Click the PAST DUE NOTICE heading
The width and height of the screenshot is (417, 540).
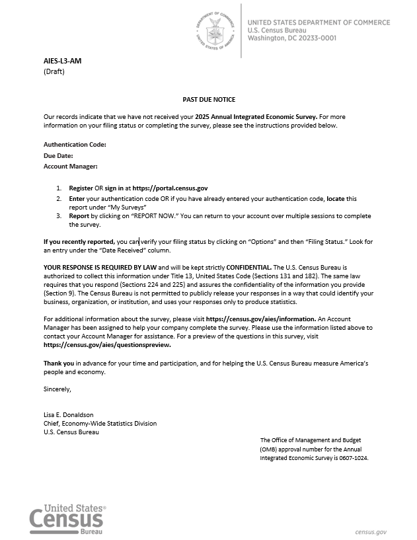[x=209, y=99]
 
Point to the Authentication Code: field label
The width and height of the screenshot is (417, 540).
[x=75, y=144]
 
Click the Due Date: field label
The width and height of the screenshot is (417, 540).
[x=58, y=155]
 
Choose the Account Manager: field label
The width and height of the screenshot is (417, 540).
[x=71, y=167]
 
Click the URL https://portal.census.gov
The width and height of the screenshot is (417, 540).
[x=171, y=188]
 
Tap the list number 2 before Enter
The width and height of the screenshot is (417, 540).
[x=58, y=198]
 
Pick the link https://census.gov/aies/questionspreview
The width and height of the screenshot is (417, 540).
[x=107, y=345]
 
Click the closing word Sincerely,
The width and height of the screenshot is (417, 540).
[x=57, y=389]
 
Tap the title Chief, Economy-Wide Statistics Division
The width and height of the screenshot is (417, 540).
[x=100, y=424]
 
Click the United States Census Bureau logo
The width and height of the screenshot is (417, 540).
[x=67, y=518]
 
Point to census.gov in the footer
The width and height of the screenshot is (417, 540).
[x=370, y=531]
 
